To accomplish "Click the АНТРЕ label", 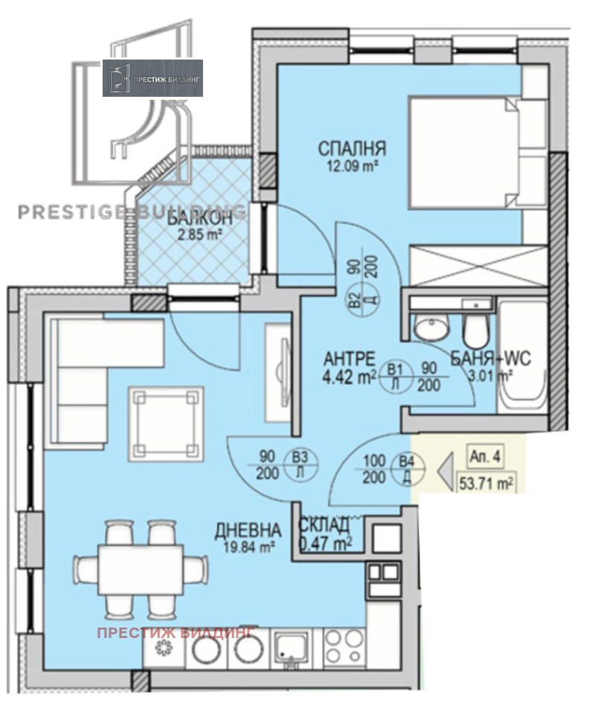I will click(343, 359).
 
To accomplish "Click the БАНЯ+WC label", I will click(489, 360).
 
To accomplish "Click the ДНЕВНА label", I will click(248, 531).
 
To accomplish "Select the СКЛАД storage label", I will click(324, 524).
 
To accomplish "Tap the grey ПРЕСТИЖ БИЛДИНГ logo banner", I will click(152, 77).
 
